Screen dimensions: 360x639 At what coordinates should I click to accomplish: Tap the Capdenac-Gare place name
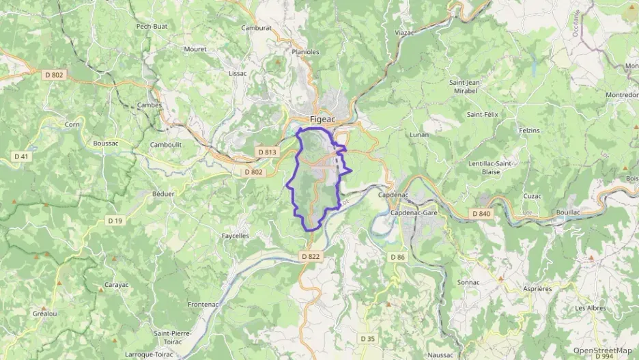point(414,213)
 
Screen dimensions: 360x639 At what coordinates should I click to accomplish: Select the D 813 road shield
point(267,152)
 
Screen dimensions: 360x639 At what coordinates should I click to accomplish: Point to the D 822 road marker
point(310,256)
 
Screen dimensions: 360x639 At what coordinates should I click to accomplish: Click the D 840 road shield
point(481,214)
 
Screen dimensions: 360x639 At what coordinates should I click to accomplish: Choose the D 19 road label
point(115,220)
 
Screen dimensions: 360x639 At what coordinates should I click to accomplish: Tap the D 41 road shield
point(22,156)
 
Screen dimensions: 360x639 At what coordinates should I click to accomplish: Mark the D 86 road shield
point(397,256)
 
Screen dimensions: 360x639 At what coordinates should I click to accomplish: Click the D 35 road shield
point(367,338)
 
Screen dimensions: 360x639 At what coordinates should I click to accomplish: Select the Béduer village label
point(163,194)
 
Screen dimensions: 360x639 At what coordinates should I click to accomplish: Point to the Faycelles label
point(236,236)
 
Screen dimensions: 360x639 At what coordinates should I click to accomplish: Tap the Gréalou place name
point(44,313)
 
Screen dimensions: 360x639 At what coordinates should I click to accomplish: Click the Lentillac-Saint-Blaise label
point(492,167)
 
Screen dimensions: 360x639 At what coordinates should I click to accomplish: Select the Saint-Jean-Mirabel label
point(466,87)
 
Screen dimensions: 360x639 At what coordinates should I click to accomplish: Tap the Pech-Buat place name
point(152,26)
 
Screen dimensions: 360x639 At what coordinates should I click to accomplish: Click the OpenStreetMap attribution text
point(602,350)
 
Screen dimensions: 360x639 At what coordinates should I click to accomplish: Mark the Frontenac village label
point(203,304)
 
